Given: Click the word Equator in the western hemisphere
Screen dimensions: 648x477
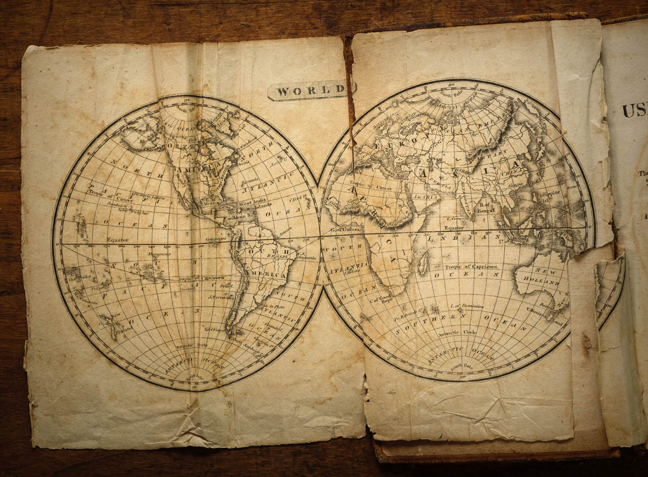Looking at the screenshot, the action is (117, 239).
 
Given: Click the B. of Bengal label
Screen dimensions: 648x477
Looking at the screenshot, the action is (486, 207).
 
